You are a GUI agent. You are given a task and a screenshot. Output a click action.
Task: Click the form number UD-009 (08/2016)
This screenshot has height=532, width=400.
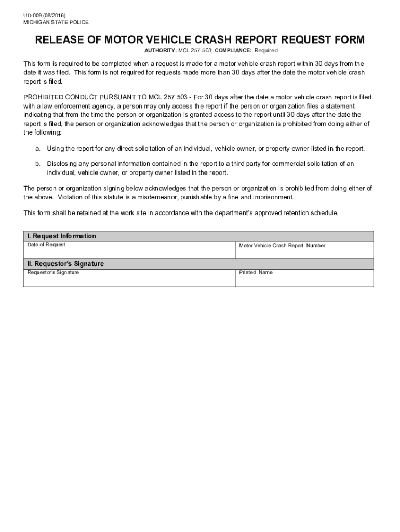tap(44, 15)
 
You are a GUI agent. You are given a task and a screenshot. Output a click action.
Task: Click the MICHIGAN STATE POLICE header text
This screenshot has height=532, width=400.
tap(56, 23)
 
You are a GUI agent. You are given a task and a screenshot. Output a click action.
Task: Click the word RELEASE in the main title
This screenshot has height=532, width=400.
tap(60, 40)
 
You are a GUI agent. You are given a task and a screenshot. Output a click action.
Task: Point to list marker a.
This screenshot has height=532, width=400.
tap(37, 149)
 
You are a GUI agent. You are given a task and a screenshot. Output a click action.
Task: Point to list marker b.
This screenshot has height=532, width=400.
tap(37, 164)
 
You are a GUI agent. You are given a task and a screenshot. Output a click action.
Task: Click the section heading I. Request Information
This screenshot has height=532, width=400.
tap(61, 236)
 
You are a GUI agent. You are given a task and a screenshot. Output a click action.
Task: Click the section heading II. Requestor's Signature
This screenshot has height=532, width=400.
tap(65, 264)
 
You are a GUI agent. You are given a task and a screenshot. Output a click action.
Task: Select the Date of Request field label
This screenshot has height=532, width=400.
tap(46, 245)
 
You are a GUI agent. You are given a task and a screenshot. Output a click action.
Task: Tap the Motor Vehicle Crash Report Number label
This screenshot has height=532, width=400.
tap(282, 246)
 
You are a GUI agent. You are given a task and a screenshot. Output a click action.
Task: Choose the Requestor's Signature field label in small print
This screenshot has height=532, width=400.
tap(53, 272)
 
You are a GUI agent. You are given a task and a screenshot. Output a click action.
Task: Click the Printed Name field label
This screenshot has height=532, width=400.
tap(256, 272)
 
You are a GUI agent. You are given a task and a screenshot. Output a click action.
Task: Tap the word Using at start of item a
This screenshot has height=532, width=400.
tap(55, 149)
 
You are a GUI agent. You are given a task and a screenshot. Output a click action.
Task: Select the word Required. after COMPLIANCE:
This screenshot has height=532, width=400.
tap(266, 51)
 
